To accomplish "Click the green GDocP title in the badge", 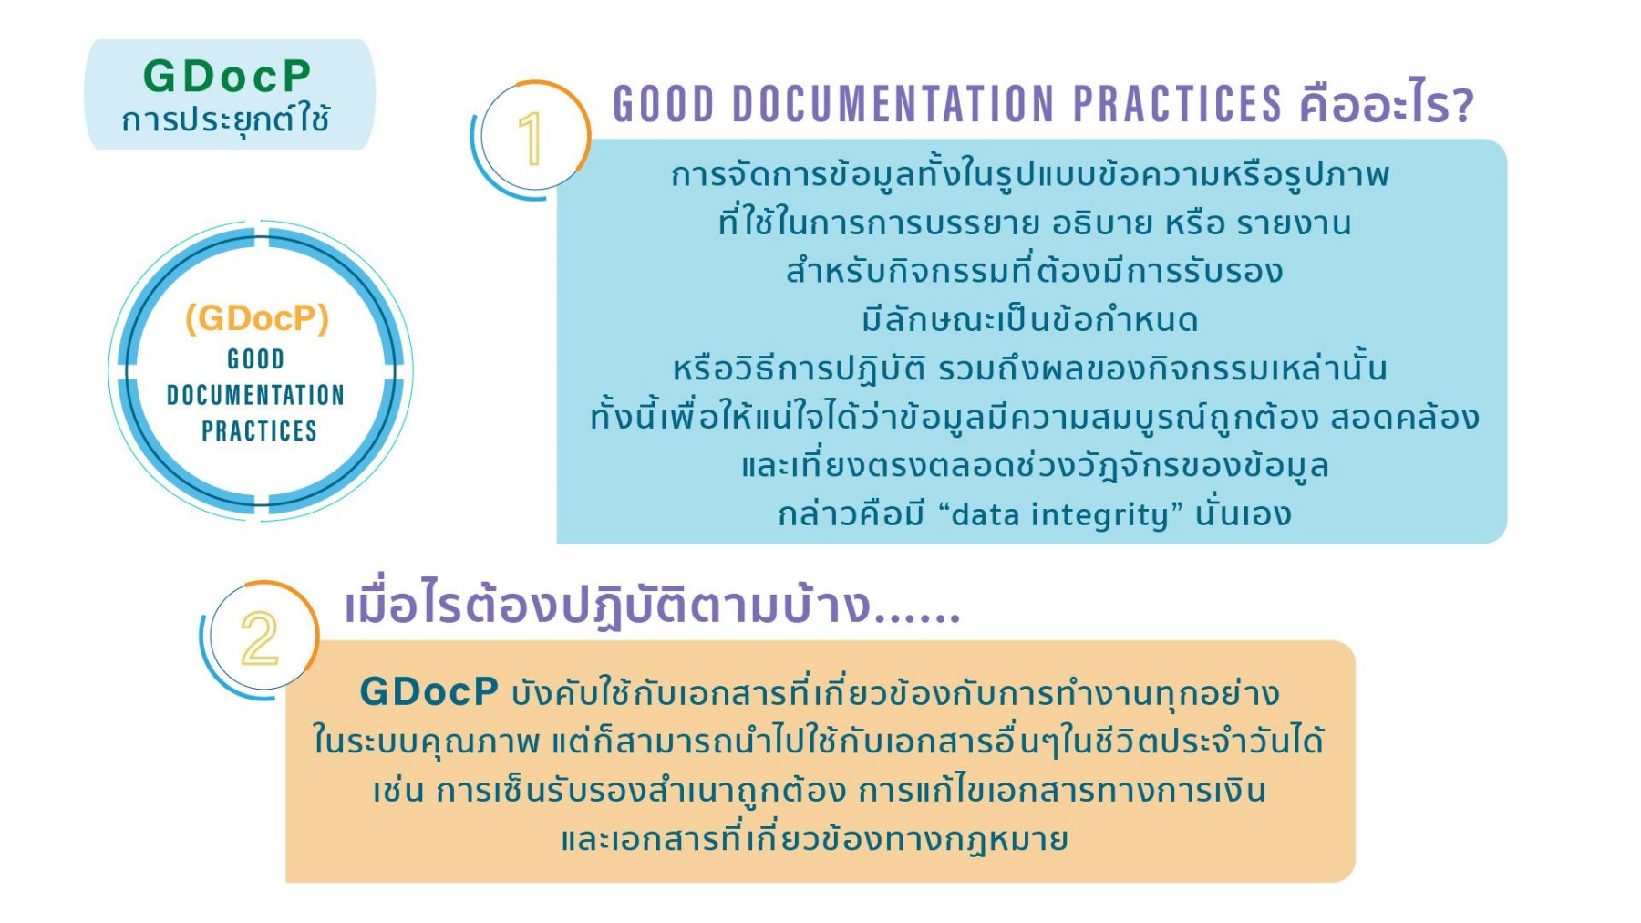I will tap(227, 76).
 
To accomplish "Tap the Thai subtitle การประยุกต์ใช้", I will tap(226, 119).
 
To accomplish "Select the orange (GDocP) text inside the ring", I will tap(257, 318).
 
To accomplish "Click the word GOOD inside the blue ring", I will tap(256, 359).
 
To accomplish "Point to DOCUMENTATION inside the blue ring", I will tap(256, 395).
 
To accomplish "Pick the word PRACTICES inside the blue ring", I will tap(259, 430).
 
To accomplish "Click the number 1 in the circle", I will tap(531, 139).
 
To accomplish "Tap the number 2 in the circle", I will tap(260, 638).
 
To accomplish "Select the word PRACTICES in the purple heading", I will tap(1178, 104).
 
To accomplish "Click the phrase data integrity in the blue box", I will tap(1058, 515).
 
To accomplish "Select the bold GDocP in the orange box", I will tap(429, 691).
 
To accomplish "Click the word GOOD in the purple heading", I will tap(664, 104).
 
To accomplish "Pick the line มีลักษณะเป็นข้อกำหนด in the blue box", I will tap(1030, 320).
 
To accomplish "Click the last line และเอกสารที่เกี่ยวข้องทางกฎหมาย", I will tap(814, 838).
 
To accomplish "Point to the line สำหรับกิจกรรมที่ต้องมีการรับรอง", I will tap(1034, 272).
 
